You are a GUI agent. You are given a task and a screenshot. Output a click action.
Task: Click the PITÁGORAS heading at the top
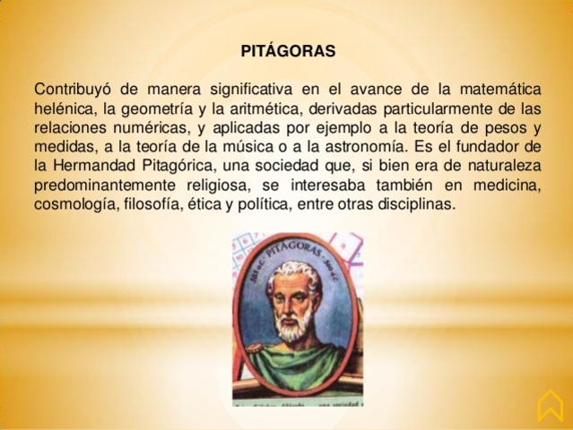coord(288,51)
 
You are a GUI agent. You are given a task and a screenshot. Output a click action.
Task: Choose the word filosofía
coord(153,205)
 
